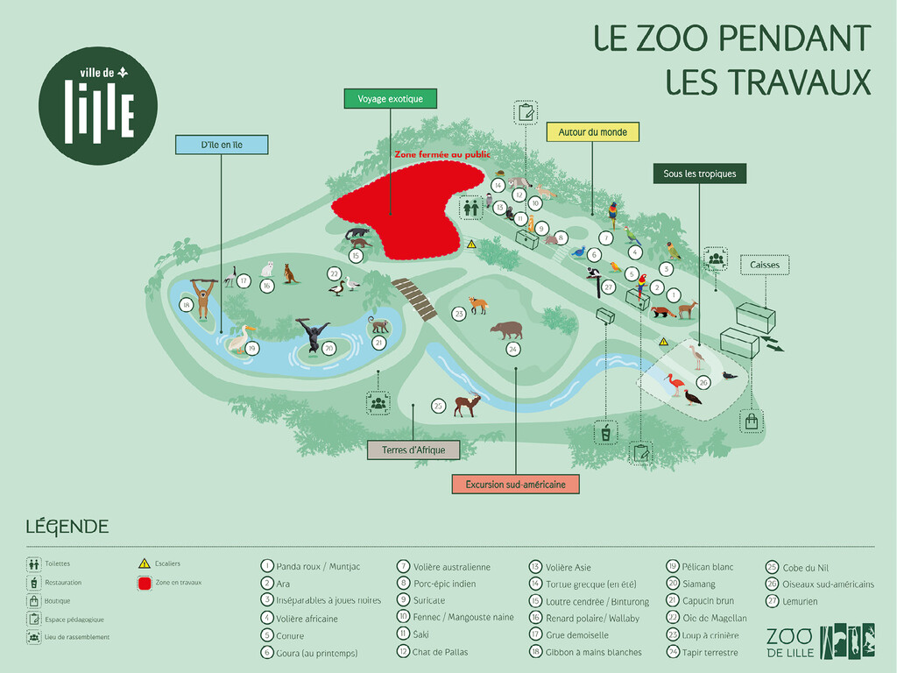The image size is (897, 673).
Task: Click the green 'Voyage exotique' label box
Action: tap(390, 99)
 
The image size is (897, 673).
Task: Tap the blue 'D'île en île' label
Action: tap(222, 145)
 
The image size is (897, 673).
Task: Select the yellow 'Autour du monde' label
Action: tap(593, 132)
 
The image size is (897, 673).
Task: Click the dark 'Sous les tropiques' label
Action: tap(699, 174)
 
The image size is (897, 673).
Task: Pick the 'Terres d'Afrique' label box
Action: tap(413, 450)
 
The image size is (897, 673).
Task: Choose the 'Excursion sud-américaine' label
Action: tap(515, 484)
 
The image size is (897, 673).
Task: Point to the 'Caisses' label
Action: tap(764, 265)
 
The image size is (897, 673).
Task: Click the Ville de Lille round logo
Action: tap(98, 106)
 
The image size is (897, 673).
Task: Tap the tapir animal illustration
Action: tap(506, 329)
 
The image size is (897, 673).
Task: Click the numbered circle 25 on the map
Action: tap(439, 406)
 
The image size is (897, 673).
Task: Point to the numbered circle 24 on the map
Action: tap(512, 349)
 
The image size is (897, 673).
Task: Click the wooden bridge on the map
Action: tap(413, 299)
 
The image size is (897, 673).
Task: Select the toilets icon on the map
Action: tap(471, 208)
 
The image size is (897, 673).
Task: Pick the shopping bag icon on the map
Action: tap(751, 422)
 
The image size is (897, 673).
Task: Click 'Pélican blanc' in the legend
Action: tap(709, 567)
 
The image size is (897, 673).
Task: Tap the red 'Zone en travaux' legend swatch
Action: tap(145, 583)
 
